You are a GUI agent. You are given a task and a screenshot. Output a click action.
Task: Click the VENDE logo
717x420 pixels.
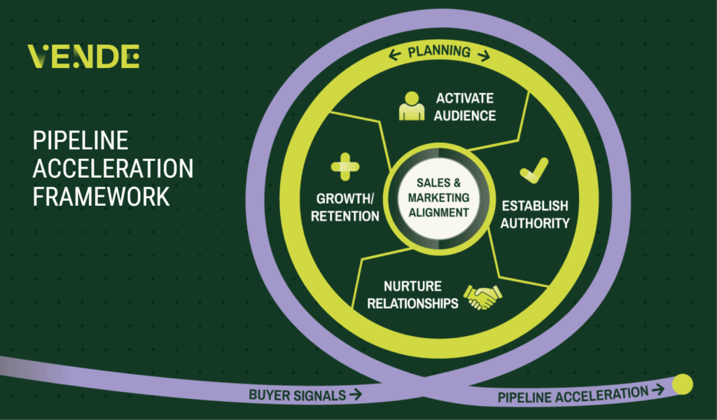tap(83, 57)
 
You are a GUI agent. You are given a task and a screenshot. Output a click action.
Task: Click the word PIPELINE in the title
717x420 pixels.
tap(81, 141)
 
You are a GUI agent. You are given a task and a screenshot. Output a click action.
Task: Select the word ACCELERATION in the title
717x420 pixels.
tap(113, 169)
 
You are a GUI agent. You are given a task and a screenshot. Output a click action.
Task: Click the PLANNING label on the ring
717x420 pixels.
tap(439, 52)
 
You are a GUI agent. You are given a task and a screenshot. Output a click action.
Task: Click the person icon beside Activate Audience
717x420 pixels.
tap(411, 106)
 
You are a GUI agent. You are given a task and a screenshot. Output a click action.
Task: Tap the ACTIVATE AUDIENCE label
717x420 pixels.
tap(465, 106)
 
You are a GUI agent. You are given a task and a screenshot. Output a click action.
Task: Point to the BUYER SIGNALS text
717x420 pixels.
tap(298, 395)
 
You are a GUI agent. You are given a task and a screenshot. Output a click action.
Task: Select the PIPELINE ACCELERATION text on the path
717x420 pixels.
tap(573, 395)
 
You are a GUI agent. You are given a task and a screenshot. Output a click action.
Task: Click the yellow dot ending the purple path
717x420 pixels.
tap(682, 384)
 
